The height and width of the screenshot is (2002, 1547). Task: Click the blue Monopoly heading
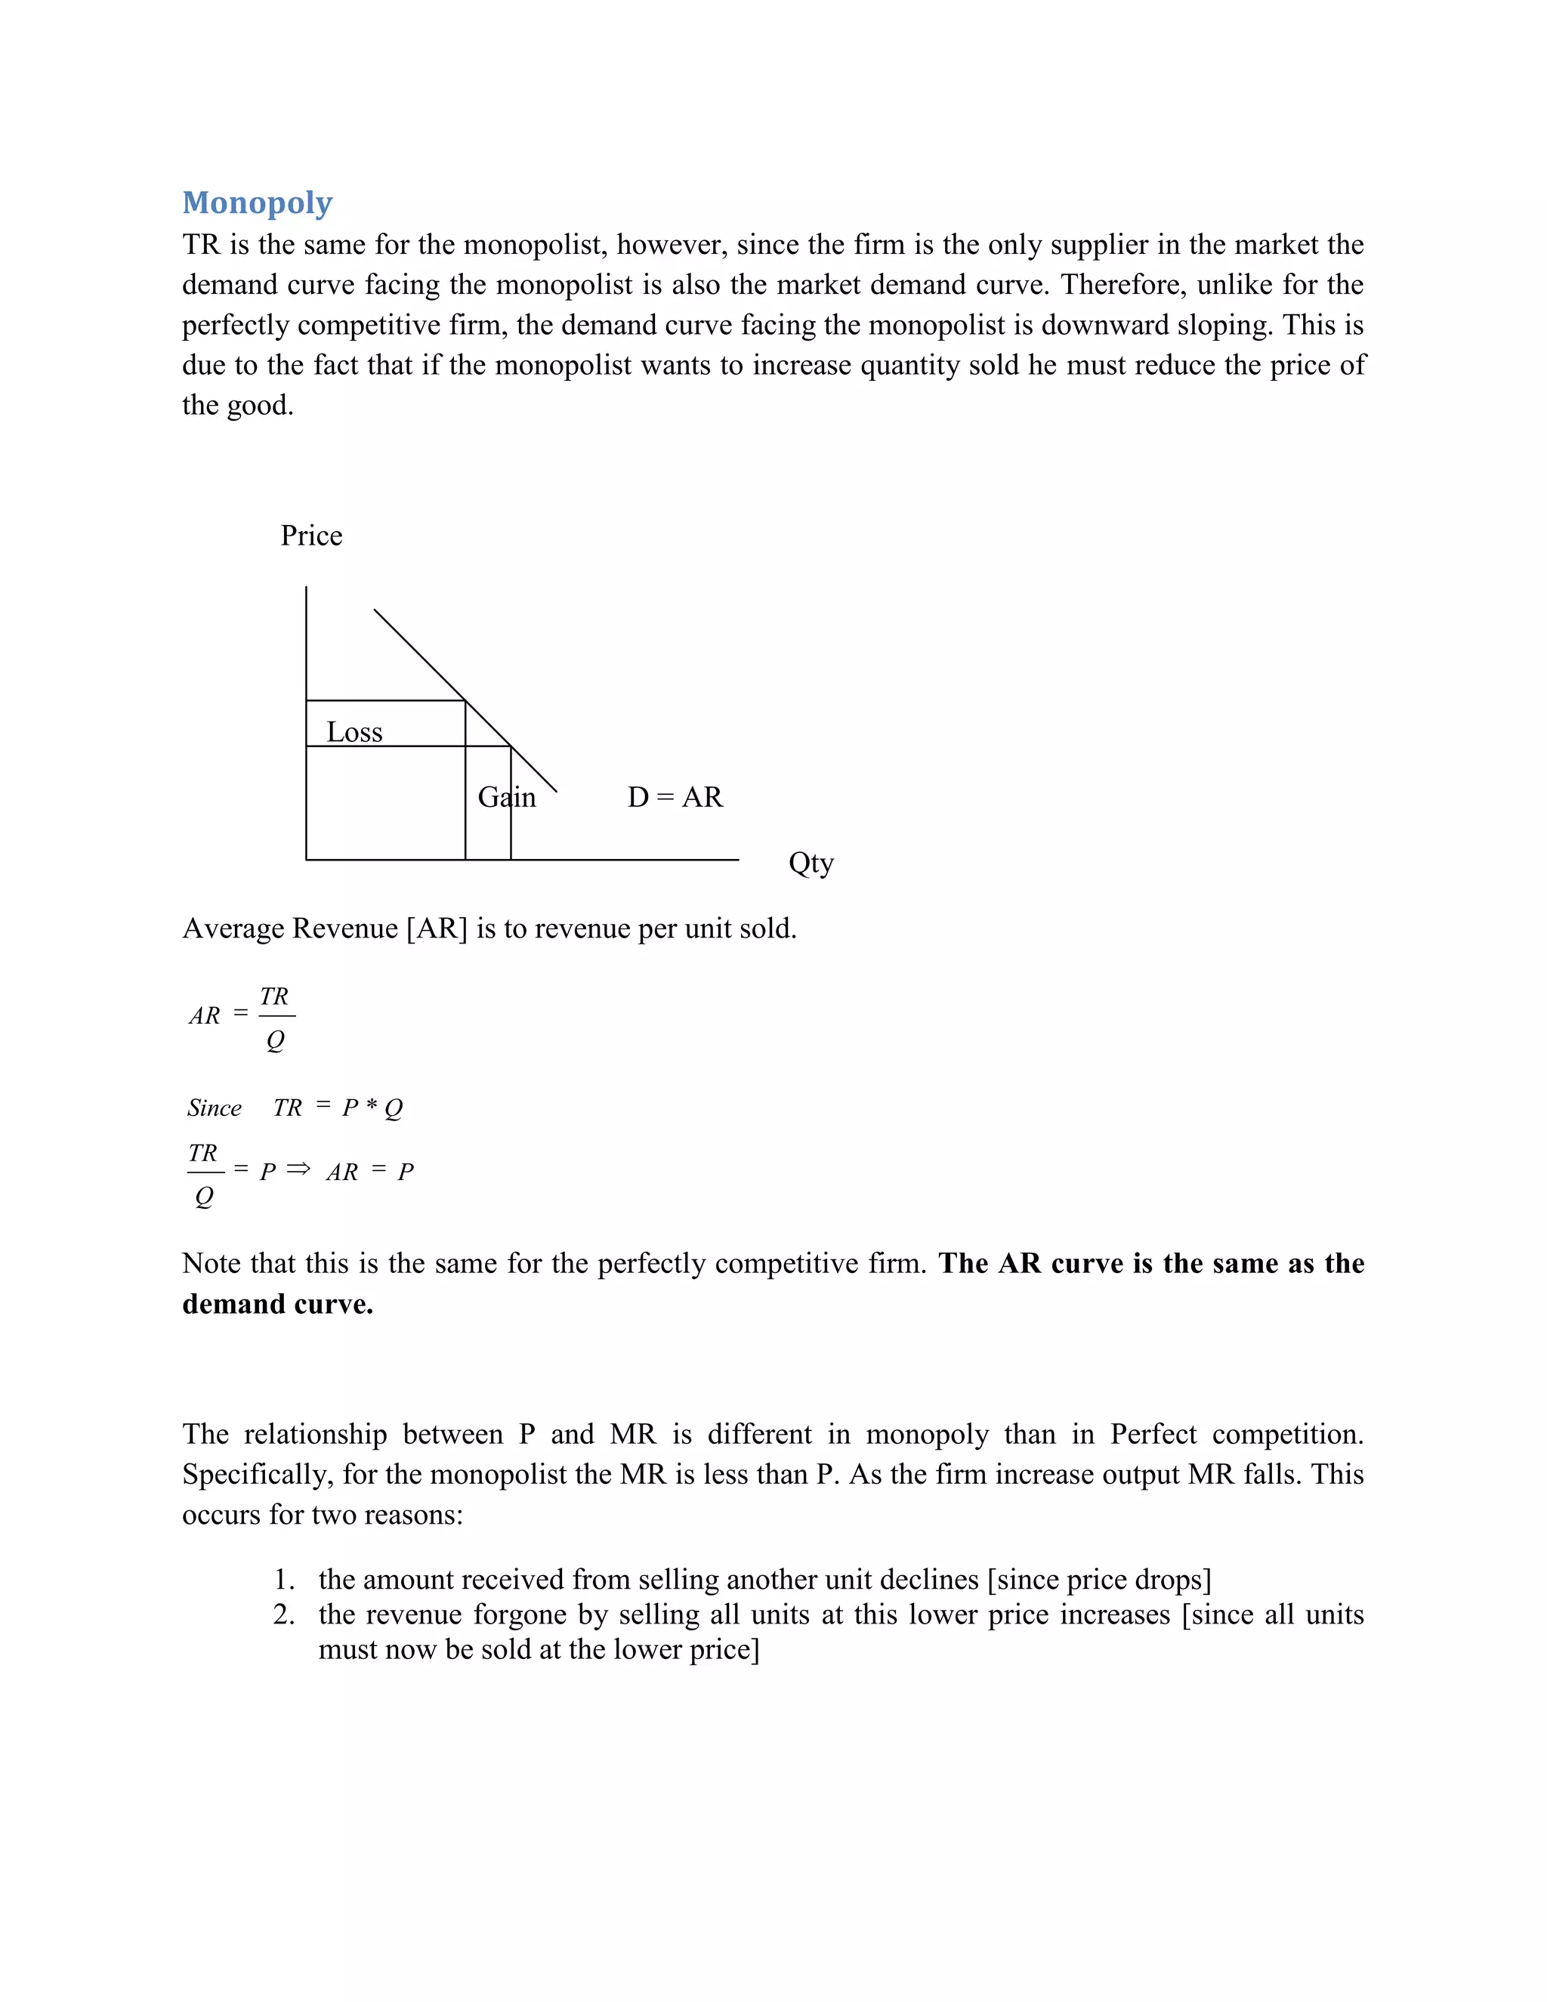[x=257, y=202]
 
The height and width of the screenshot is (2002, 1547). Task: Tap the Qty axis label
[x=811, y=863]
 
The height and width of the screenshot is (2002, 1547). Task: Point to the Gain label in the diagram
[x=506, y=796]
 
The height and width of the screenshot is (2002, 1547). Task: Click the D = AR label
[x=675, y=796]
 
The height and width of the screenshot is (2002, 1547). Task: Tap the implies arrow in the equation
[x=298, y=1169]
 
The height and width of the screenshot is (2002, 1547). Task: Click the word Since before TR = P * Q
[x=215, y=1108]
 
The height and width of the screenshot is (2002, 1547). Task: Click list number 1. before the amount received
[x=284, y=1580]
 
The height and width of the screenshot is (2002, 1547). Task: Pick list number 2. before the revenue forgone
[x=284, y=1614]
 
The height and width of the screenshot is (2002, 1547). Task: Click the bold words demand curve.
[x=278, y=1303]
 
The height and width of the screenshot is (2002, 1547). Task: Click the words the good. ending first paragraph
[x=237, y=405]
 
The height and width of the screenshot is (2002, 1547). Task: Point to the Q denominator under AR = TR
[x=275, y=1040]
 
